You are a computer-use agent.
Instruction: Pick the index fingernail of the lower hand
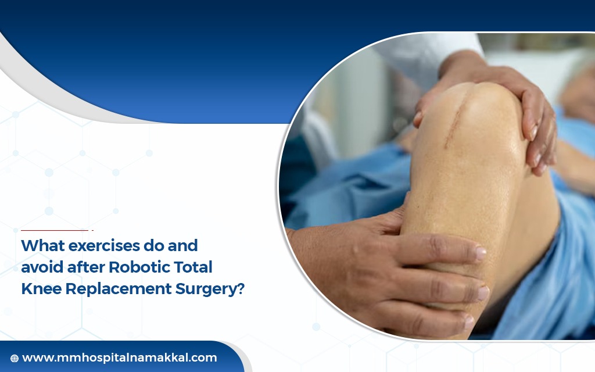point(481,253)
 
